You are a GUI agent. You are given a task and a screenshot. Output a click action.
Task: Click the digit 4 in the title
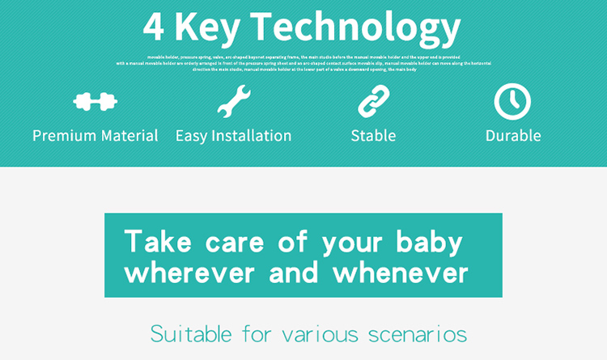pyautogui.click(x=155, y=28)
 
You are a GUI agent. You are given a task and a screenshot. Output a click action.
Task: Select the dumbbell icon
pyautogui.click(x=96, y=102)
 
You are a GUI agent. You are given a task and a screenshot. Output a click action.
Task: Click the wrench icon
pyautogui.click(x=234, y=102)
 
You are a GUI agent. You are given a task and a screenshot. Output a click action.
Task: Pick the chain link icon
pyautogui.click(x=374, y=102)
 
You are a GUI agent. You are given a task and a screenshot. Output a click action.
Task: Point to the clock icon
pyautogui.click(x=512, y=102)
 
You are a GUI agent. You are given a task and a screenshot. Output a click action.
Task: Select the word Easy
pyautogui.click(x=192, y=136)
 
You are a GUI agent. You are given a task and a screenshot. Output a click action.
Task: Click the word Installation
pyautogui.click(x=252, y=136)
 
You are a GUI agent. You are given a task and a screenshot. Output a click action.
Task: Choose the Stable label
pyautogui.click(x=373, y=136)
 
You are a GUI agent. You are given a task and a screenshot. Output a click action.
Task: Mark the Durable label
pyautogui.click(x=513, y=136)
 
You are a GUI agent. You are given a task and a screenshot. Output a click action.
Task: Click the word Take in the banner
pyautogui.click(x=157, y=241)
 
